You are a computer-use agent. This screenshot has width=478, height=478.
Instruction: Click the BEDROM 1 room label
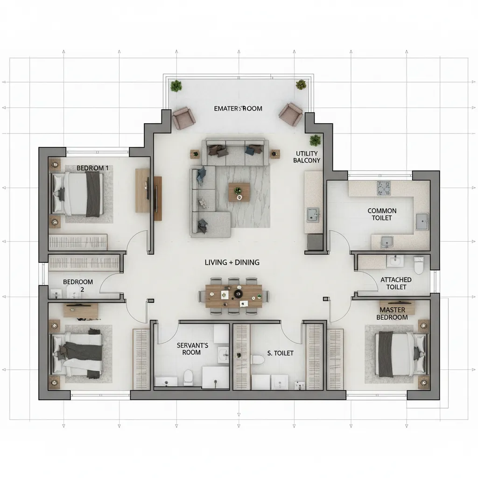pyautogui.click(x=92, y=168)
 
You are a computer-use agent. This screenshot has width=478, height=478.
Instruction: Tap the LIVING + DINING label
pyautogui.click(x=232, y=262)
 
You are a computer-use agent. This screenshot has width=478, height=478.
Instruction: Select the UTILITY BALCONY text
pyautogui.click(x=307, y=157)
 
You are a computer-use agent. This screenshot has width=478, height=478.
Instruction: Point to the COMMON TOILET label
pyautogui.click(x=382, y=214)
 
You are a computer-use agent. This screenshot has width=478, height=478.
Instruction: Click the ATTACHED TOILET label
pyautogui.click(x=396, y=283)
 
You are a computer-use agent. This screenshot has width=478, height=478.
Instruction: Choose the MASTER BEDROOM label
pyautogui.click(x=392, y=314)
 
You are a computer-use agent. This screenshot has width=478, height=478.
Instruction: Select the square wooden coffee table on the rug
pyautogui.click(x=239, y=192)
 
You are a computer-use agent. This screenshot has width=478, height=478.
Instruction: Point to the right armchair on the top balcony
pyautogui.click(x=291, y=114)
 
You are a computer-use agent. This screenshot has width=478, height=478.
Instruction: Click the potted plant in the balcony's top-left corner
pyautogui.click(x=176, y=86)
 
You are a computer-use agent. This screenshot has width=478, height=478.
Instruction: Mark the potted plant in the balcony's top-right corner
pyautogui.click(x=301, y=85)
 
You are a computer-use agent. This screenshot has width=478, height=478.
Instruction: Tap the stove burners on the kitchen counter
pyautogui.click(x=384, y=189)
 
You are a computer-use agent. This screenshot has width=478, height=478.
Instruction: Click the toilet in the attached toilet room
pyautogui.click(x=419, y=265)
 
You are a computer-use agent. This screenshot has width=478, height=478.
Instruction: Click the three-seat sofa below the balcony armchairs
pyautogui.click(x=235, y=152)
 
